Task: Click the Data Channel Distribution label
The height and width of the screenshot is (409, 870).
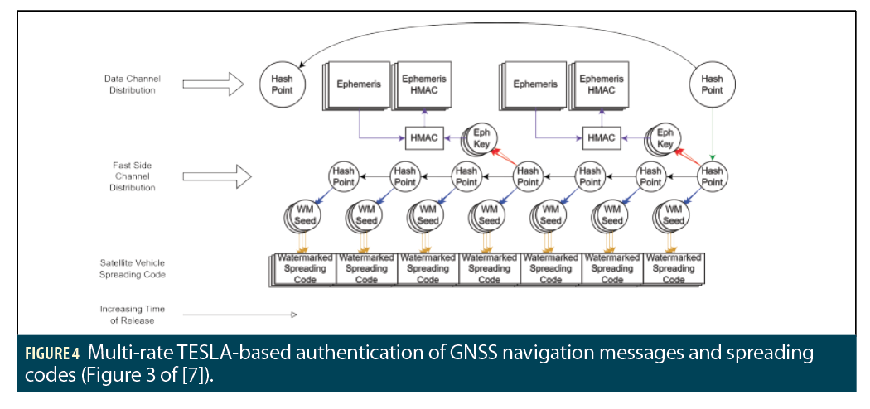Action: pos(132,84)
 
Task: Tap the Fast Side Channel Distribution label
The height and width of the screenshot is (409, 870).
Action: pos(132,176)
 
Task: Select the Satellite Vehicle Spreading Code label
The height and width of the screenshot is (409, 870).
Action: pos(133,268)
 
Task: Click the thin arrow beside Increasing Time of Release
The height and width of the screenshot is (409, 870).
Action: pos(239,315)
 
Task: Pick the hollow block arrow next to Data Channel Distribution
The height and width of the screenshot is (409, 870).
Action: pos(213,84)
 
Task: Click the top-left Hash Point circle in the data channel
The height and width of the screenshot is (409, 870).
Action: pos(283,84)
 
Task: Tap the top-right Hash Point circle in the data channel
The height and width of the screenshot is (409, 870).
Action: pos(712,84)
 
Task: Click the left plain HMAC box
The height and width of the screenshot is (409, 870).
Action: pos(423,137)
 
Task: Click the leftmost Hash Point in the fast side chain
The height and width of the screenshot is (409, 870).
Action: pos(343,176)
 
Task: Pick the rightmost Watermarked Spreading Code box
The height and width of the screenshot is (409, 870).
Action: pos(674,268)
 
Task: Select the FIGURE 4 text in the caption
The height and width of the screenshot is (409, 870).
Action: pos(51,354)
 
